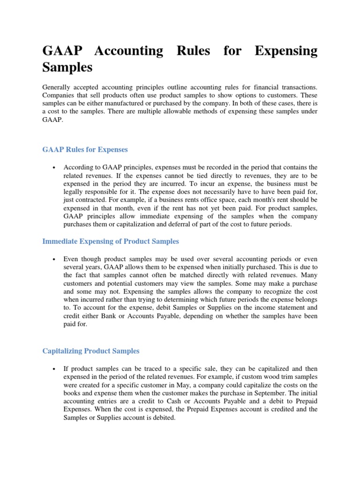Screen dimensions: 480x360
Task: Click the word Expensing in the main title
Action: tap(285, 51)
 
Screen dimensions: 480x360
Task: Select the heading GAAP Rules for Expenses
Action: tap(85, 150)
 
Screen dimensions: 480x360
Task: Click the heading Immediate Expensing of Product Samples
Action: tap(111, 241)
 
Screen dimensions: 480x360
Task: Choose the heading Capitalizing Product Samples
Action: tap(91, 351)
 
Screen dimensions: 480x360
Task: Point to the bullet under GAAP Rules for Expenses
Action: tap(55, 168)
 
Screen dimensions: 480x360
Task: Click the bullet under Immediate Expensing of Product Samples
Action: tap(55, 259)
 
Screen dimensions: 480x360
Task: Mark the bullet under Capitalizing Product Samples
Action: tap(55, 369)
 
